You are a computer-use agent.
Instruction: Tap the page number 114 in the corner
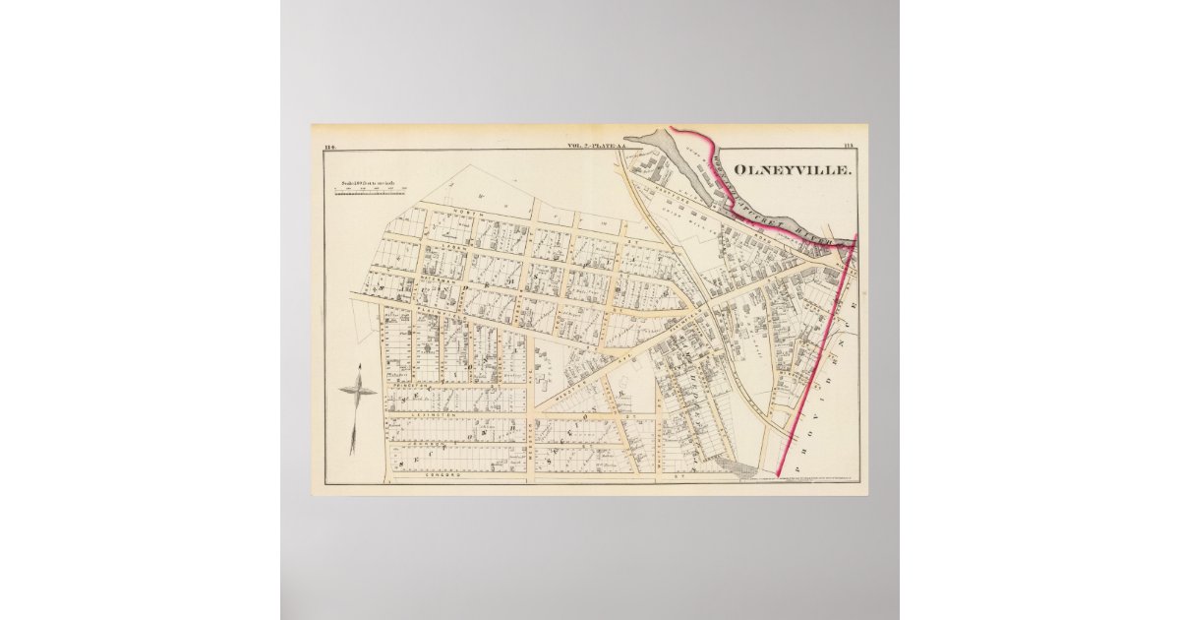coord(330,147)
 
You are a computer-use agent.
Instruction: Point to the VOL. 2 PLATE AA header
coord(604,147)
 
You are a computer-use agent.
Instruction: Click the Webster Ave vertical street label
coord(532,448)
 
